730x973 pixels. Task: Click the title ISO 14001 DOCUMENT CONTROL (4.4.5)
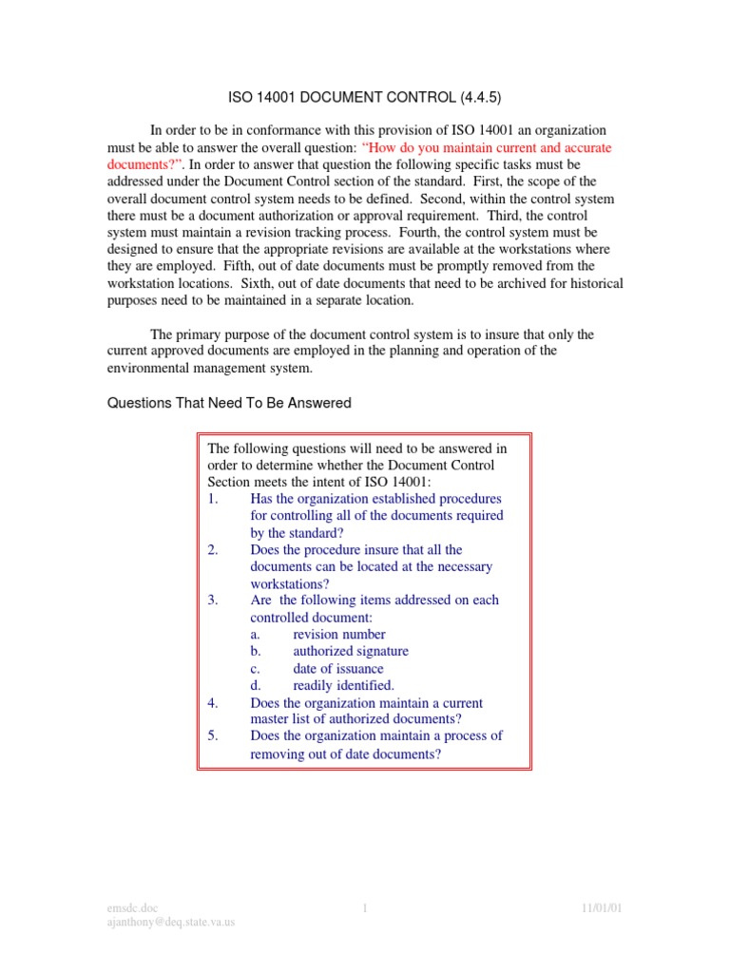pyautogui.click(x=364, y=97)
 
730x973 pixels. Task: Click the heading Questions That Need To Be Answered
pyautogui.click(x=228, y=403)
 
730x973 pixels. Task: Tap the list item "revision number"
pyautogui.click(x=339, y=634)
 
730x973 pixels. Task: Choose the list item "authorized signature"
pyautogui.click(x=351, y=651)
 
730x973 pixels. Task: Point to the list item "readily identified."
pyautogui.click(x=343, y=685)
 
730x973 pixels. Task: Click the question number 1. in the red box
pyautogui.click(x=213, y=499)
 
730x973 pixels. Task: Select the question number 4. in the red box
pyautogui.click(x=213, y=703)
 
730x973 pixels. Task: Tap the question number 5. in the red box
pyautogui.click(x=213, y=735)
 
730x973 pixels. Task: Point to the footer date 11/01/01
pyautogui.click(x=602, y=908)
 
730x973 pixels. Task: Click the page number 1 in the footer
pyautogui.click(x=365, y=908)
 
